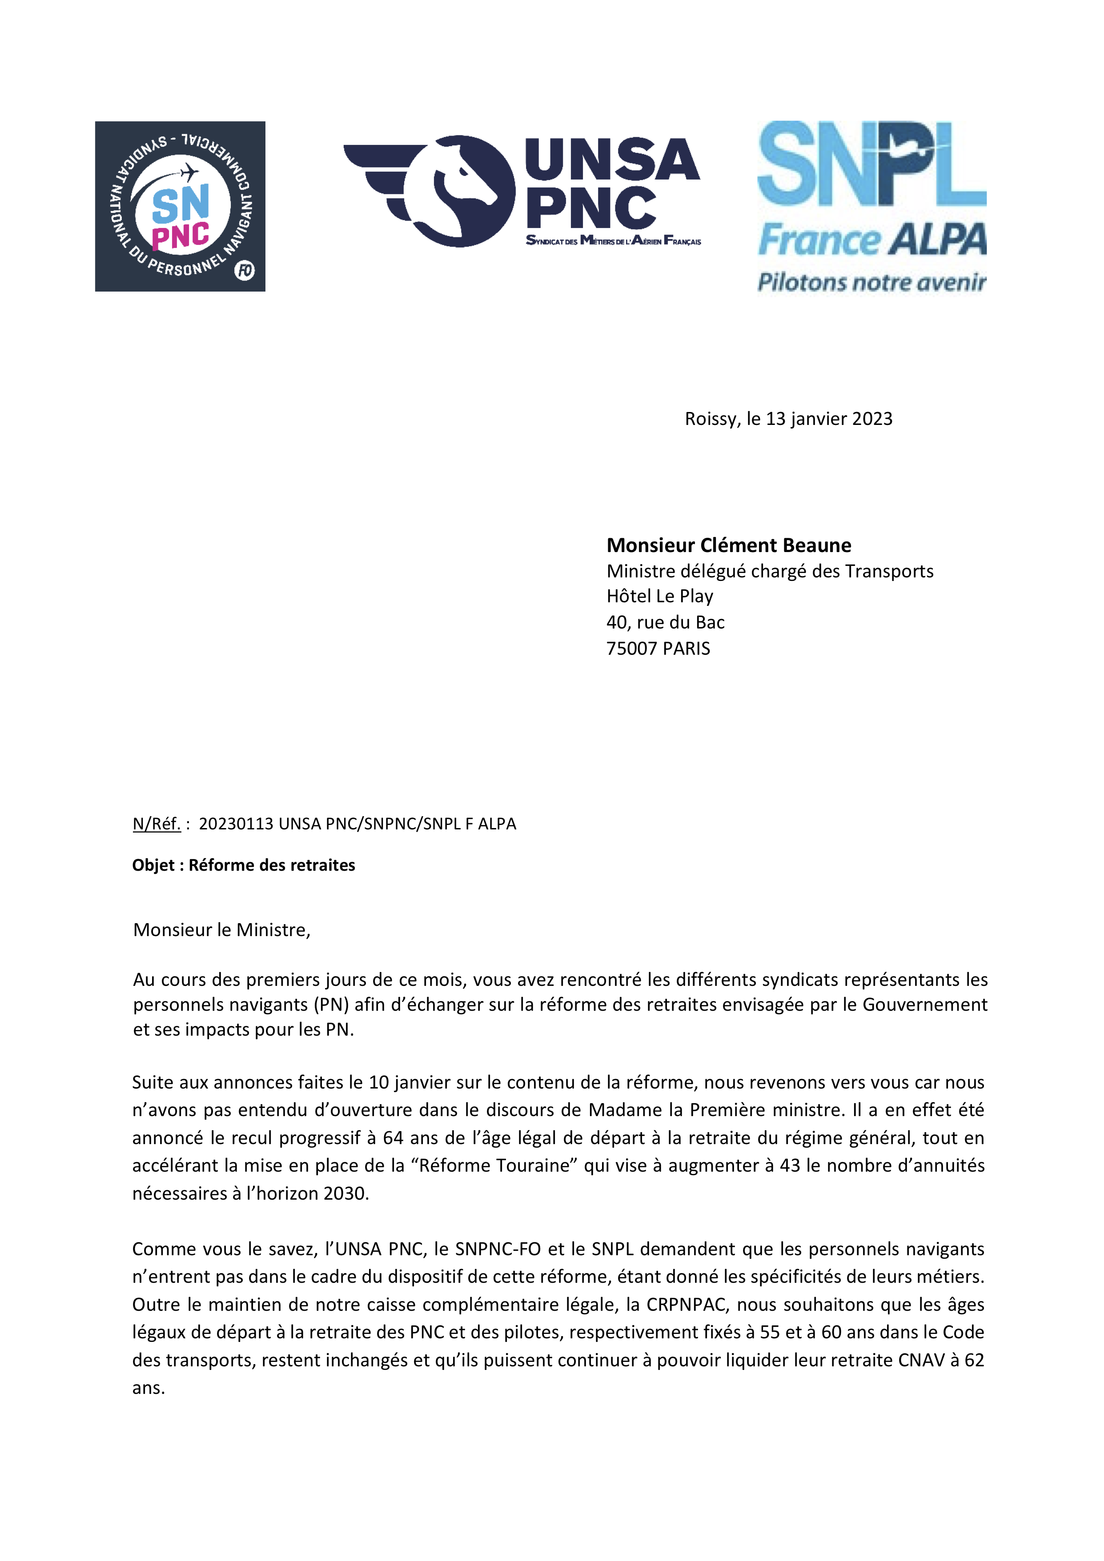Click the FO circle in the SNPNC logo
(244, 271)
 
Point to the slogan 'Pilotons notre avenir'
(871, 281)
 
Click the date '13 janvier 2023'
(828, 419)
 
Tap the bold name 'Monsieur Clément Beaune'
(729, 545)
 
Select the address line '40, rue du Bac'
(665, 622)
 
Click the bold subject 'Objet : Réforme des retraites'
(244, 865)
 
